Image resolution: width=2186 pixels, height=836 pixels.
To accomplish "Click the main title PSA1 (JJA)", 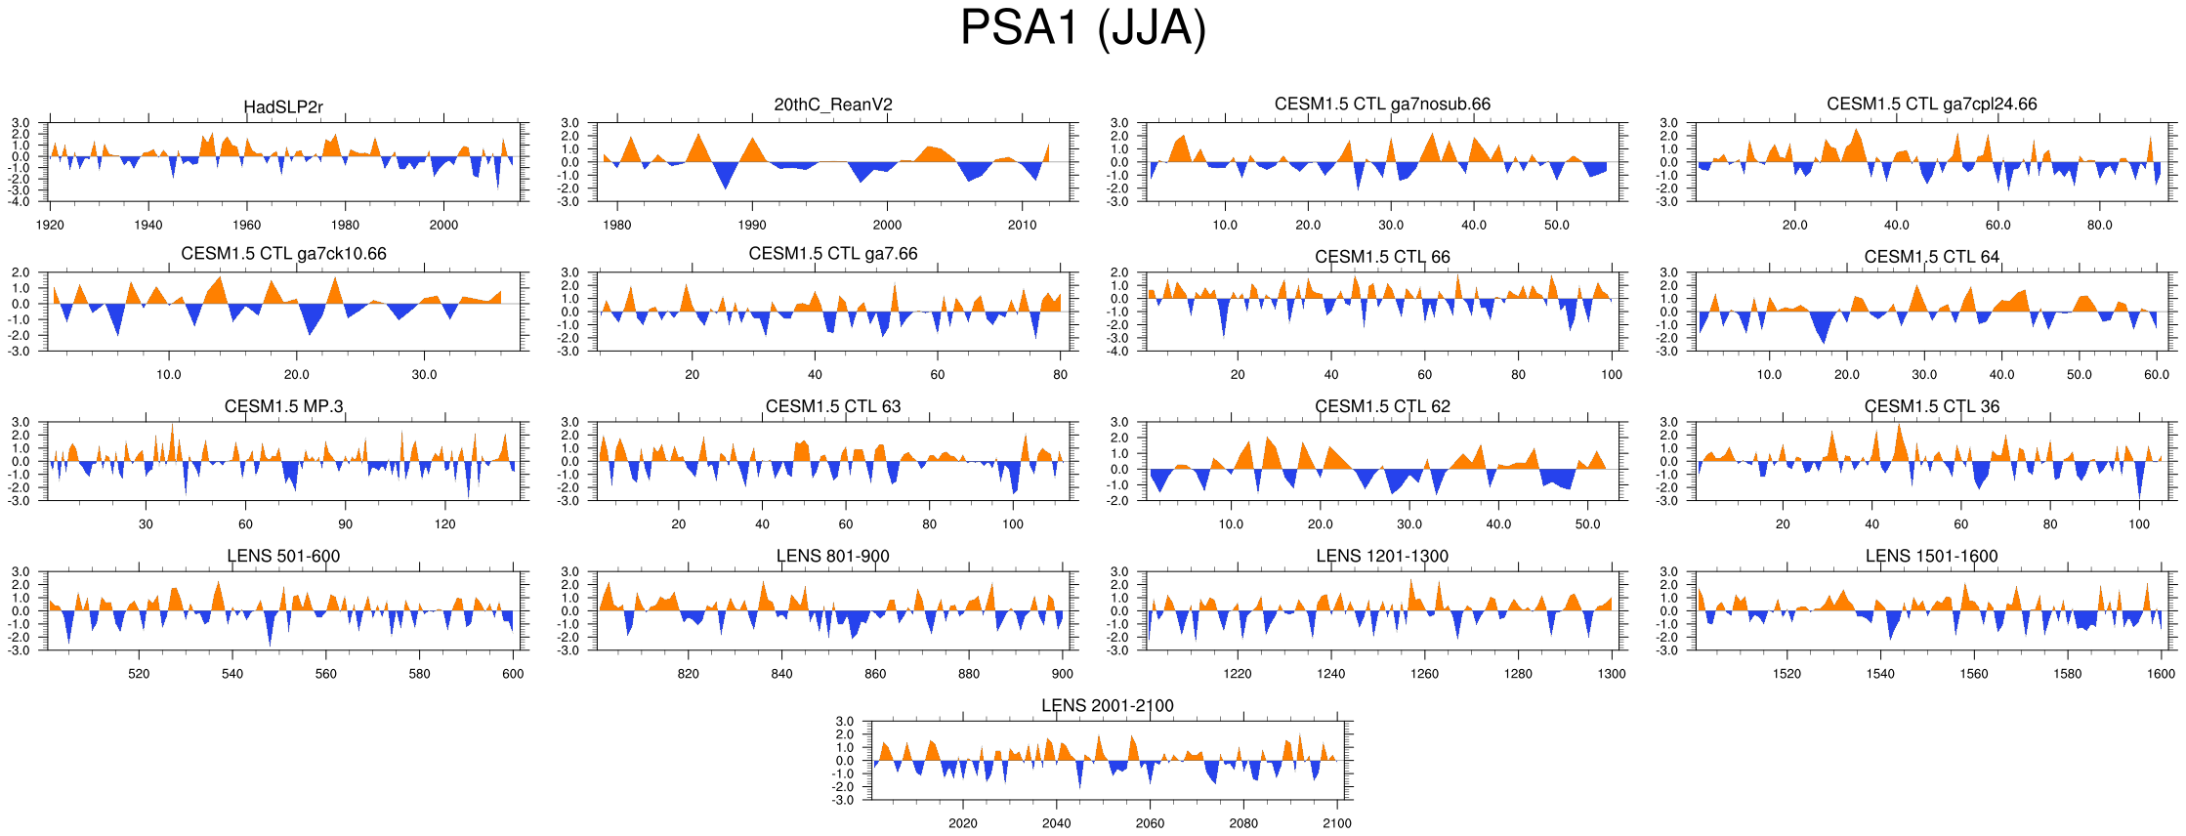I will pos(1082,28).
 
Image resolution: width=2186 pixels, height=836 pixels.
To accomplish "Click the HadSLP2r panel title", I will pos(283,107).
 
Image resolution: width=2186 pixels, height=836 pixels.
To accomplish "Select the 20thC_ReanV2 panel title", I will pos(833,104).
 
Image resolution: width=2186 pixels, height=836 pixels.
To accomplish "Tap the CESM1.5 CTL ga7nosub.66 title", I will pos(1382,104).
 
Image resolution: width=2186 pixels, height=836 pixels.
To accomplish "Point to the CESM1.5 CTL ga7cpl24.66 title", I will pos(1931,104).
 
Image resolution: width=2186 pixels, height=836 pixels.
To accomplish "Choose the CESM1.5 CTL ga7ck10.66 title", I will pos(283,254).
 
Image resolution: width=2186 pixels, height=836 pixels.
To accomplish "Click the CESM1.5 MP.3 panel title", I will pos(283,406).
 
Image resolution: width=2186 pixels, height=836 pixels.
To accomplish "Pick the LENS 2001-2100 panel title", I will pos(1107,705).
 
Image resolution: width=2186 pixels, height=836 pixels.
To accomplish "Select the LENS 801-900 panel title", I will pos(833,556).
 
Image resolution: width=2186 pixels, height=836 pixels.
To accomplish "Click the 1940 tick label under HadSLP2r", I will pos(148,225).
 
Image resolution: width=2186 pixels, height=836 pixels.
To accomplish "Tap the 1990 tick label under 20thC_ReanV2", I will pos(752,225).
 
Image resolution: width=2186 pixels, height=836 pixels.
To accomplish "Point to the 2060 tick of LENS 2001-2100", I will pos(1150,823).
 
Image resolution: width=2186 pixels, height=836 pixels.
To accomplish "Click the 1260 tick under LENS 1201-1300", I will pos(1424,674).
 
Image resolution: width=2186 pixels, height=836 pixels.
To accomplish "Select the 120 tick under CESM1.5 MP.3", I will pos(444,524).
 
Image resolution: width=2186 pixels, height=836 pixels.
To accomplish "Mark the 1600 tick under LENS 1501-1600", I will pos(2161,674).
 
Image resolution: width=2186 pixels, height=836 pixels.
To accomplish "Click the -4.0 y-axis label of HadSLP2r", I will pos(21,201).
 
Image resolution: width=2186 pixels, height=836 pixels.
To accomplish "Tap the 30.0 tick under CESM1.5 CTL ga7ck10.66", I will pos(424,375).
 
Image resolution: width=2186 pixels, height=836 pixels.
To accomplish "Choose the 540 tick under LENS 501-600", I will pos(232,674).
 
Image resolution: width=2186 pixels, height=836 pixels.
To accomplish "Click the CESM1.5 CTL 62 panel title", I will pos(1382,406).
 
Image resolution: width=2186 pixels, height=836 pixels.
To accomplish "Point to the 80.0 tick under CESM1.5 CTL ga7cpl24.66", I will pos(2099,225).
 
